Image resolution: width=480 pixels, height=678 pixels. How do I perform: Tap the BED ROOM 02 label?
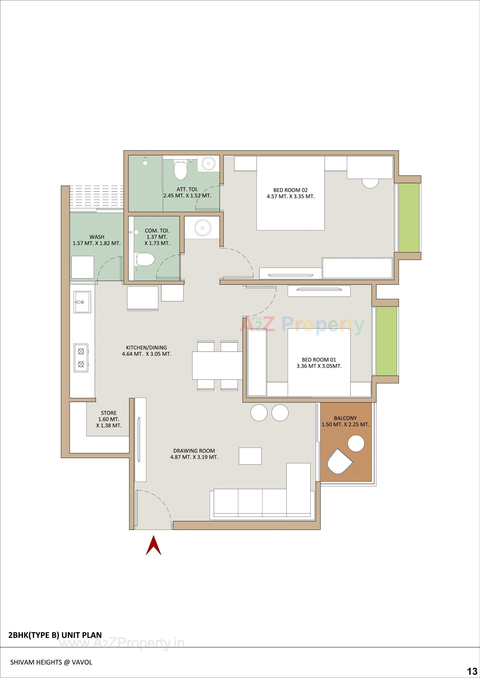(x=290, y=193)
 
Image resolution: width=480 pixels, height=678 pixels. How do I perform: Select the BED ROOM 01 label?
(x=319, y=363)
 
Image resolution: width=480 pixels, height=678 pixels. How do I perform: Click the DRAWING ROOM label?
(x=194, y=454)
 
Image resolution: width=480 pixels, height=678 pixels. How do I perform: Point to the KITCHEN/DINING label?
(x=146, y=351)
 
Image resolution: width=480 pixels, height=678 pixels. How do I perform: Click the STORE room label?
(x=108, y=419)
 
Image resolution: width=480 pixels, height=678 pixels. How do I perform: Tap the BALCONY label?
(x=345, y=421)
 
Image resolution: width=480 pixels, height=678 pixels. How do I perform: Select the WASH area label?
(x=97, y=240)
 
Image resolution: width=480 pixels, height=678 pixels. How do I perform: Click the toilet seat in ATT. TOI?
(x=180, y=170)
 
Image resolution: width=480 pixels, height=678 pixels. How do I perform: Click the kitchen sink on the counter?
(x=82, y=302)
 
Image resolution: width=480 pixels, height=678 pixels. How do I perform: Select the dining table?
(x=217, y=365)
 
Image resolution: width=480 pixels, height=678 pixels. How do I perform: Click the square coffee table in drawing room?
(x=250, y=456)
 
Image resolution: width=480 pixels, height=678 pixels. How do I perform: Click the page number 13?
(x=472, y=670)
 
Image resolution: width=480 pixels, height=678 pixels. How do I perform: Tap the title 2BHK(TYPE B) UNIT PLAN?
(x=55, y=635)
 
